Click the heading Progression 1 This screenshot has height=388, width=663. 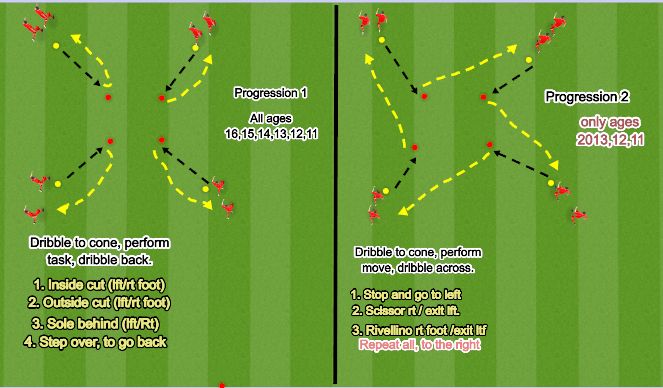pos(270,93)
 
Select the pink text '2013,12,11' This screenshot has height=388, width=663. pos(606,138)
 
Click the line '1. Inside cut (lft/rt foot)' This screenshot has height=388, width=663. pos(100,285)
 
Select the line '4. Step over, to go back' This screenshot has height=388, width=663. pos(96,341)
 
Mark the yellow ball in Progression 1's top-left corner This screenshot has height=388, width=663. pos(56,46)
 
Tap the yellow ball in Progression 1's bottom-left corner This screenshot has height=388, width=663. pos(58,184)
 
